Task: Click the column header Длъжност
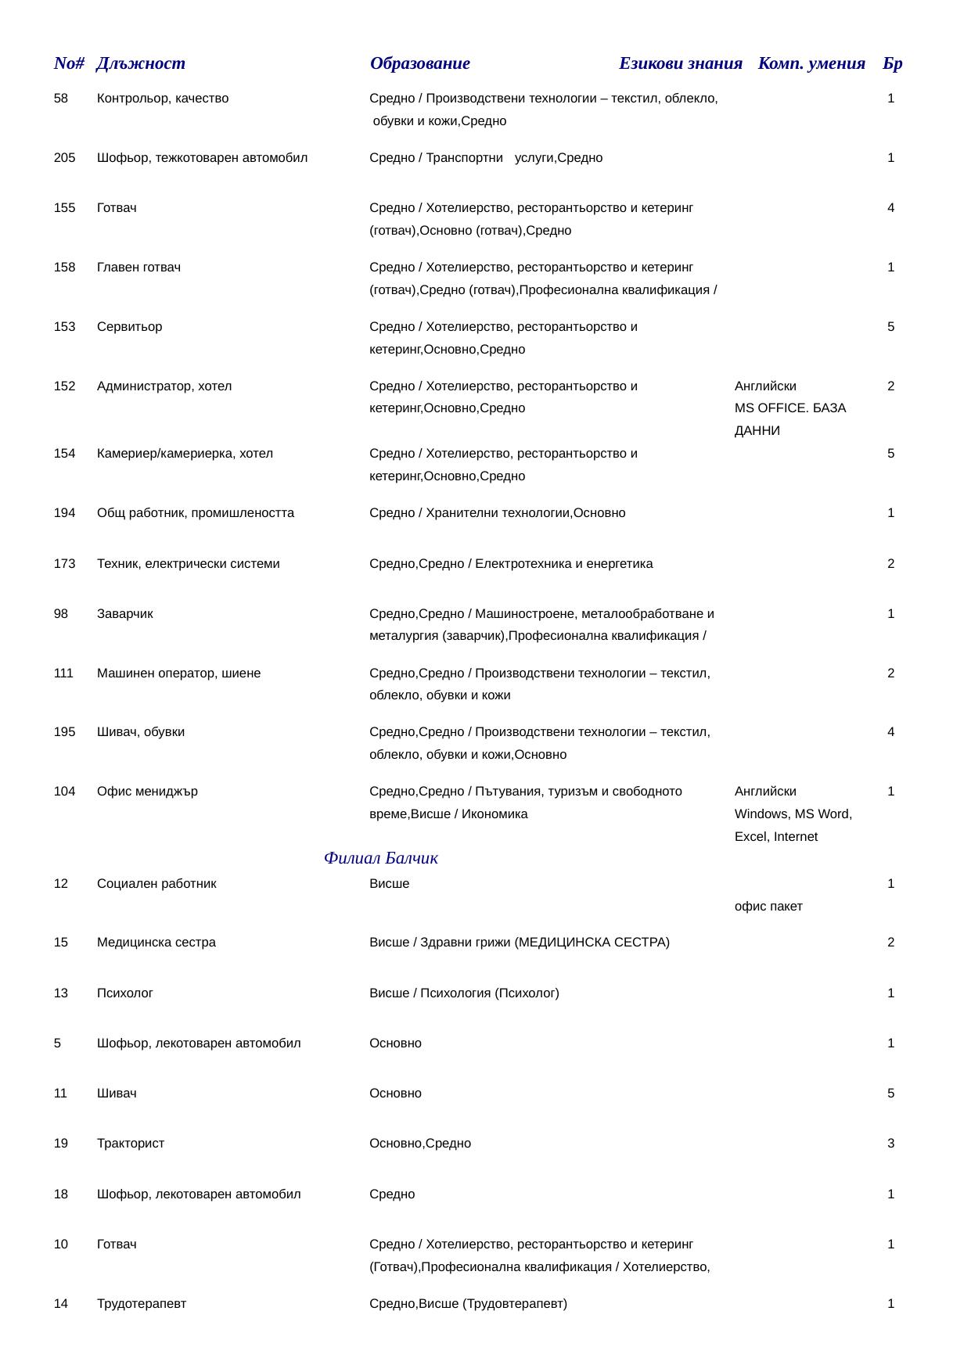click(x=141, y=64)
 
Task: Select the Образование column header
click(x=419, y=64)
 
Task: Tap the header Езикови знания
click(x=680, y=64)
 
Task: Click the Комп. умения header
click(x=811, y=64)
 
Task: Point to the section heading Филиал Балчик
click(x=380, y=859)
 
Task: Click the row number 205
click(x=64, y=158)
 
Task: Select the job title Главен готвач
click(x=138, y=268)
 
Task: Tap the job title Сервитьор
click(x=129, y=327)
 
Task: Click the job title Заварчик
click(x=125, y=614)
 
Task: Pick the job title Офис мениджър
click(x=147, y=792)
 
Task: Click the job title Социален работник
click(x=156, y=884)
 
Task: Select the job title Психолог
click(x=125, y=993)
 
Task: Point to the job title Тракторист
click(x=131, y=1144)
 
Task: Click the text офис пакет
click(x=768, y=907)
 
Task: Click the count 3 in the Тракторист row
click(x=890, y=1144)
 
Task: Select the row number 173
click(x=64, y=564)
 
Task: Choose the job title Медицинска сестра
click(x=156, y=943)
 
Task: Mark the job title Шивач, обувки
click(x=141, y=732)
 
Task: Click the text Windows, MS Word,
click(x=793, y=814)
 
